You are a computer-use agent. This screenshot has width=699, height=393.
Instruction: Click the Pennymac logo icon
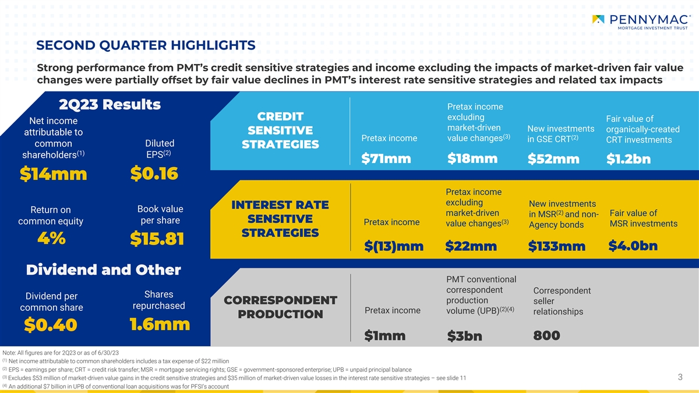coord(598,19)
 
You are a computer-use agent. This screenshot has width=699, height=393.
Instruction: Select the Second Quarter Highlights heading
coord(146,45)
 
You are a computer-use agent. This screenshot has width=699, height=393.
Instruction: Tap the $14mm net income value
coord(54,174)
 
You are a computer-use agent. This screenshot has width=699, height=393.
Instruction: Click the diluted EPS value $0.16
coord(154,174)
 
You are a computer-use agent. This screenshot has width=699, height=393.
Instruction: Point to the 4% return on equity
coord(51,238)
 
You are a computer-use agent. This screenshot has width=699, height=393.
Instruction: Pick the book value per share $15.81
coord(157,239)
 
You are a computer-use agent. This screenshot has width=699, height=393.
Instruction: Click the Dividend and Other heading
coord(103,270)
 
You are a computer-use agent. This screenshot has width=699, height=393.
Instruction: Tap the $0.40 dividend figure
coord(51,325)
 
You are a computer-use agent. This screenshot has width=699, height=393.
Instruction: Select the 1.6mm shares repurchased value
coord(160,324)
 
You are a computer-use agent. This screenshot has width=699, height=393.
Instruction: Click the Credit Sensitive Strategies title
coord(280,130)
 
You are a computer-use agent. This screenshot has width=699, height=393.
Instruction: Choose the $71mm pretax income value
coord(386,159)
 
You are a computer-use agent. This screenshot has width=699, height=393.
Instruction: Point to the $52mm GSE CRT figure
coord(553,159)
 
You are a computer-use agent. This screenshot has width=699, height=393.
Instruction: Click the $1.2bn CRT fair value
coord(629,159)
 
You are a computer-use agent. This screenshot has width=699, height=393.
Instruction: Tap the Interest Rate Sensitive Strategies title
coord(280,219)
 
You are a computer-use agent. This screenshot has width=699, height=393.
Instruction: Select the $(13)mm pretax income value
coord(394,246)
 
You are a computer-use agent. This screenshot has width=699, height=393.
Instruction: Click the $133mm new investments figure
coord(557,246)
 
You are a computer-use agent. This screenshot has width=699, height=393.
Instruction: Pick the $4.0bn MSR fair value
coord(633,246)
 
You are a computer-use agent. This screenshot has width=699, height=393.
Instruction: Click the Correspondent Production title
coord(280,307)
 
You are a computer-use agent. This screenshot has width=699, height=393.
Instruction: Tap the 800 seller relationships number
coord(546,335)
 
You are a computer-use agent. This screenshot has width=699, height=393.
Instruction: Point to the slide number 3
coord(680,377)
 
